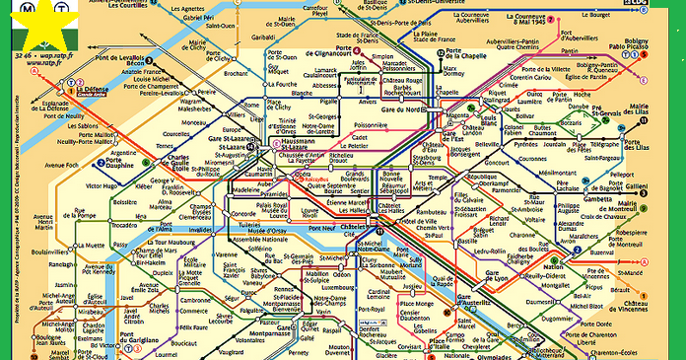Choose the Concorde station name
(242, 213)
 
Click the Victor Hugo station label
(102, 185)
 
